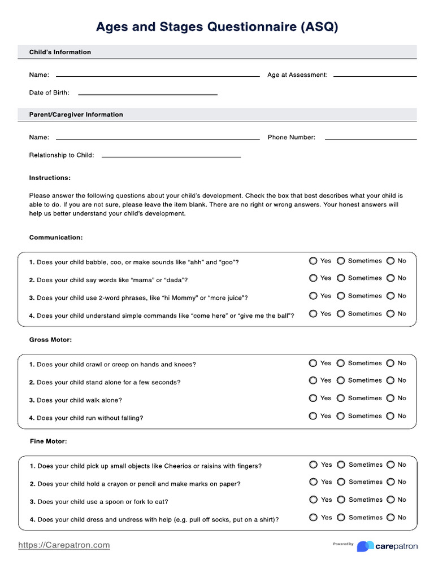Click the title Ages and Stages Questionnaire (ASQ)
click(217, 27)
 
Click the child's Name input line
click(158, 75)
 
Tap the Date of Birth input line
click(147, 94)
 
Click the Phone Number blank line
click(371, 138)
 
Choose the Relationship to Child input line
click(171, 156)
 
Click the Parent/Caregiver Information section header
click(76, 115)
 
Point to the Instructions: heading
click(50, 178)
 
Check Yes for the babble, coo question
click(313, 261)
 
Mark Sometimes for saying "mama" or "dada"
click(341, 278)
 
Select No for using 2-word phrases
click(390, 296)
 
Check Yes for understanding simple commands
click(313, 314)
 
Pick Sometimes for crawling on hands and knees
click(341, 364)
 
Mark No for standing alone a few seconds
click(390, 380)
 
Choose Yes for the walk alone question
click(313, 398)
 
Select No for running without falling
click(390, 416)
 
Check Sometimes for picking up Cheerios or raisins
click(341, 465)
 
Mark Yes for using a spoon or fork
click(314, 500)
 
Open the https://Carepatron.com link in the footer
click(64, 545)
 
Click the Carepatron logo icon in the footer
click(365, 546)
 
